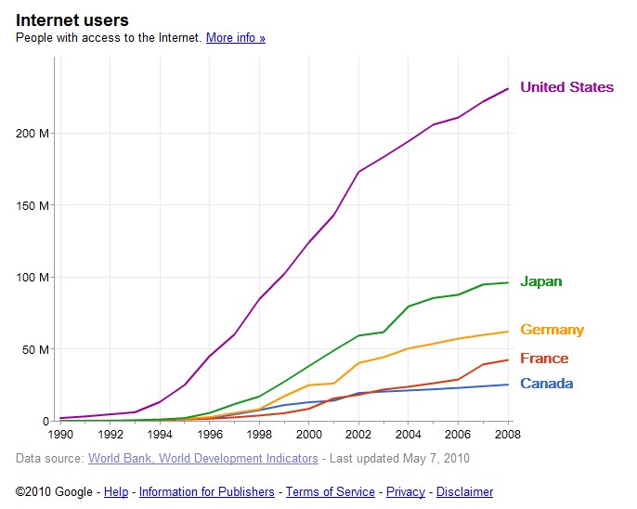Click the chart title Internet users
point(72,20)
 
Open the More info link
point(236,38)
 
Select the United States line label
point(566,87)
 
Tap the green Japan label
point(540,281)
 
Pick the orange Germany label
point(552,330)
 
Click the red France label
point(544,359)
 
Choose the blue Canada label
point(546,384)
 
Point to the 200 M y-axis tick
point(34,133)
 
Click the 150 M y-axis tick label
point(34,205)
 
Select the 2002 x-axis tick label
point(358,433)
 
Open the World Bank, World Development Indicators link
point(202,458)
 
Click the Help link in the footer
point(116,492)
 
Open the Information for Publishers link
point(207,492)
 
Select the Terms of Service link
point(331,492)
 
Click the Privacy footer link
point(406,492)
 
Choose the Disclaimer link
point(464,492)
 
